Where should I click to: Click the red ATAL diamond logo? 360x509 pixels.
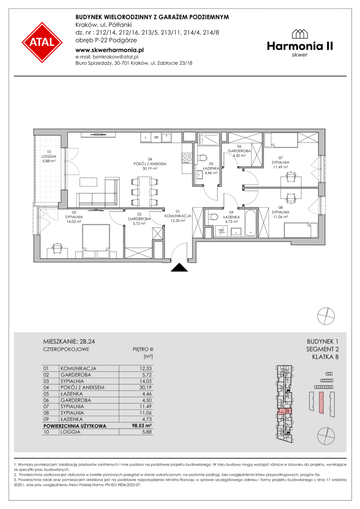coord(42,42)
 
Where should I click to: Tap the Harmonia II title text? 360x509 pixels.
coord(300,46)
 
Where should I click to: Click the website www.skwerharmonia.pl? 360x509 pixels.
coord(109,50)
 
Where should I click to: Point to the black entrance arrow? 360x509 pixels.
coord(180,267)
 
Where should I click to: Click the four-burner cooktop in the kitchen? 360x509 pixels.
coord(187,158)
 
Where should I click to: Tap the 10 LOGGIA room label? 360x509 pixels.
coord(49,156)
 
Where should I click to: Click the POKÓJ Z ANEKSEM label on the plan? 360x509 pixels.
coord(150,164)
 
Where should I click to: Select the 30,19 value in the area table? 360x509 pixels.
coord(145,387)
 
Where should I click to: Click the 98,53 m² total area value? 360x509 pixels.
coord(142,426)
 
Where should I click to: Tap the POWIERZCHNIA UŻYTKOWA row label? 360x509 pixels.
coord(74,426)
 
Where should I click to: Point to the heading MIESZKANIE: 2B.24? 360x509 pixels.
coord(69,342)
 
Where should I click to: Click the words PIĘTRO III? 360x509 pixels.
coord(143,350)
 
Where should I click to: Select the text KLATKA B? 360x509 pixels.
coord(325,357)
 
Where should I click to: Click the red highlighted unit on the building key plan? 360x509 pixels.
coord(285,411)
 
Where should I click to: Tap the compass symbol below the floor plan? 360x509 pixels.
coord(326,315)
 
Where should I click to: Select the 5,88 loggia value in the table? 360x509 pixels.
coord(147,432)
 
